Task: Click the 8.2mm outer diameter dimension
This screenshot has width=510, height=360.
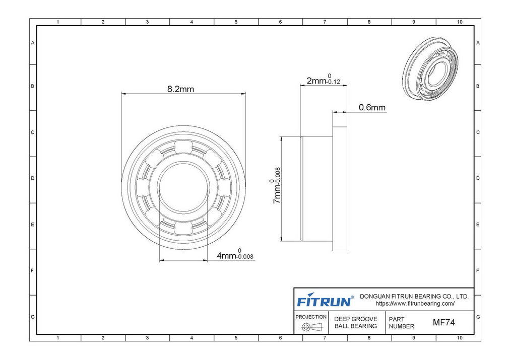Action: [180, 89]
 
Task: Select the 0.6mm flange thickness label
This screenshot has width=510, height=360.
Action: [372, 107]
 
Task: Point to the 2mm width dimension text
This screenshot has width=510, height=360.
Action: [324, 80]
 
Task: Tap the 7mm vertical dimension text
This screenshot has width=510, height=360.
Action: [275, 185]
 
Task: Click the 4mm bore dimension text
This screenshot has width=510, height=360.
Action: [235, 254]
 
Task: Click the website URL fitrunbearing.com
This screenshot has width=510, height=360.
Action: [415, 304]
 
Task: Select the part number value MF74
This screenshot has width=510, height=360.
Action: [443, 322]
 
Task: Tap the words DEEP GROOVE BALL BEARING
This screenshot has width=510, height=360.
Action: [356, 322]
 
